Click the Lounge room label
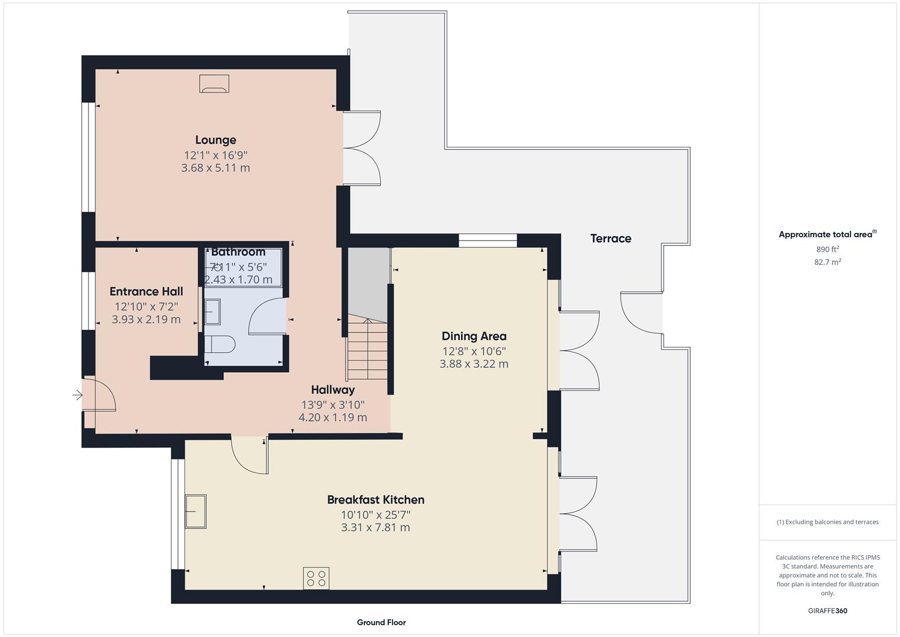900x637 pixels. coord(216,140)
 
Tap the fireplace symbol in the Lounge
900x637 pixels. coord(214,84)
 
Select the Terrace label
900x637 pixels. coord(611,238)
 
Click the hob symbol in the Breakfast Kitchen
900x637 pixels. coord(317,578)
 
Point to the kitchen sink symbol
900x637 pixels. coord(196,511)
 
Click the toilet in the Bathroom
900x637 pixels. coord(220,344)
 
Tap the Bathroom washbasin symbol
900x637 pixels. coord(212,311)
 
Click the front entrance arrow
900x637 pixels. coord(77,395)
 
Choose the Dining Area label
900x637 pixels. coord(474,336)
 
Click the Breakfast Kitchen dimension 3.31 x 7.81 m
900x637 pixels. coord(375,528)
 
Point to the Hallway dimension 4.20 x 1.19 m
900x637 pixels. coord(332,418)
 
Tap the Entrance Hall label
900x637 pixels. coord(146,291)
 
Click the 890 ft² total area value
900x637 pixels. coord(828,249)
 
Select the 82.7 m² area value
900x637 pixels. coord(828,262)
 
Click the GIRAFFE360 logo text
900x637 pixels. coord(828,610)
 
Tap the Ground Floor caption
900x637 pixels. coord(381,622)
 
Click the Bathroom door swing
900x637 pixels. coord(266,318)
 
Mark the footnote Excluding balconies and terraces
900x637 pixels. coord(828,522)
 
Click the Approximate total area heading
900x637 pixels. coord(826,235)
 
